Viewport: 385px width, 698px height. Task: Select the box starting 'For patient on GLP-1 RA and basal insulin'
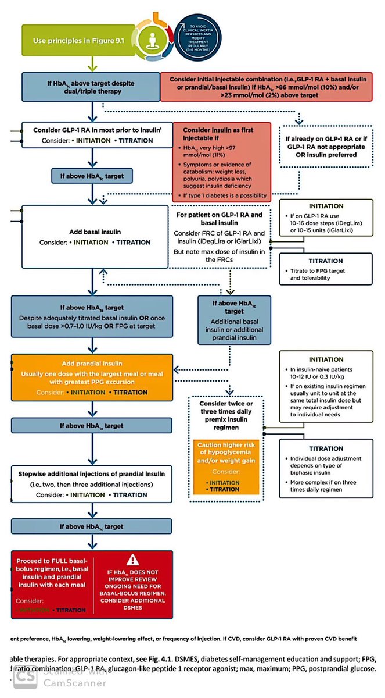[222, 236]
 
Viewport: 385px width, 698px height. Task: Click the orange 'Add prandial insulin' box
[92, 376]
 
